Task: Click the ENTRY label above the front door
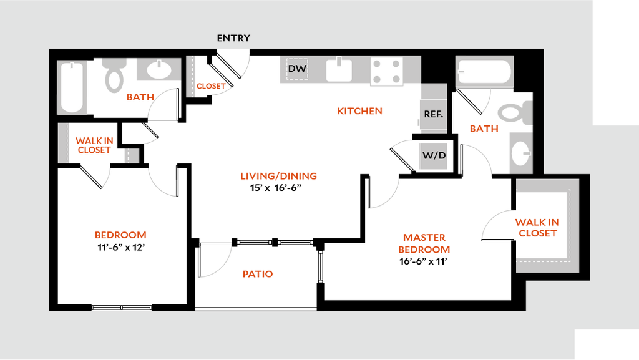pyautogui.click(x=233, y=38)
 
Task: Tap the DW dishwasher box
pyautogui.click(x=297, y=69)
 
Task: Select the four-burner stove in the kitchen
pyautogui.click(x=386, y=71)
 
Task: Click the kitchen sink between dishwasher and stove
pyautogui.click(x=339, y=70)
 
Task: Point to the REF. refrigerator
pyautogui.click(x=433, y=114)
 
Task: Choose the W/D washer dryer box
pyautogui.click(x=434, y=155)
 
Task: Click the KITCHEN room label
pyautogui.click(x=360, y=112)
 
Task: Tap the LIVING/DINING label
pyautogui.click(x=280, y=177)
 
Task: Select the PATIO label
pyautogui.click(x=258, y=274)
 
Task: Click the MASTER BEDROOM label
pyautogui.click(x=424, y=244)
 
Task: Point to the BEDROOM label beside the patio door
pyautogui.click(x=120, y=236)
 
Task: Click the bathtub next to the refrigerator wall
pyautogui.click(x=484, y=72)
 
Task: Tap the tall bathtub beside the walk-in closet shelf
pyautogui.click(x=72, y=87)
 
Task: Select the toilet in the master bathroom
pyautogui.click(x=514, y=113)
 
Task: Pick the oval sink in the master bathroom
pyautogui.click(x=520, y=152)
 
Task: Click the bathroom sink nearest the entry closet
pyautogui.click(x=159, y=70)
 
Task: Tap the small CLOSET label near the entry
pyautogui.click(x=211, y=87)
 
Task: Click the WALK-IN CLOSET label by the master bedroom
pyautogui.click(x=536, y=228)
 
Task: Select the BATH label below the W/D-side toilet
pyautogui.click(x=484, y=129)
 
